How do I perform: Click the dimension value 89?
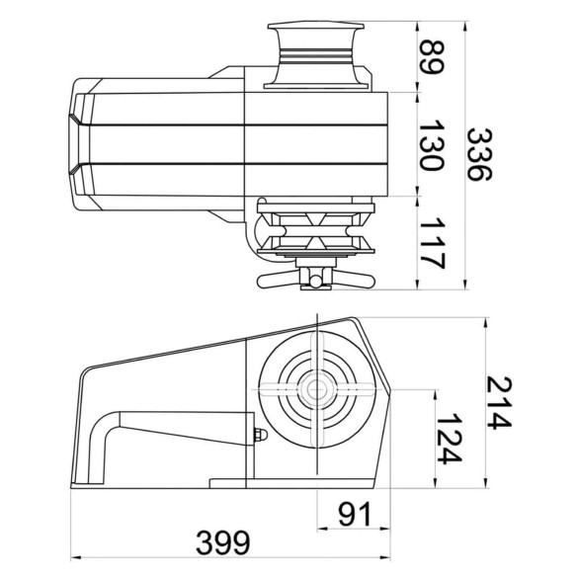pos(433,57)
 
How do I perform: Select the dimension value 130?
pos(433,145)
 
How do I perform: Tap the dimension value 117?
pos(433,243)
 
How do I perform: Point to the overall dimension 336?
pos(479,154)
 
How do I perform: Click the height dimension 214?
pos(499,402)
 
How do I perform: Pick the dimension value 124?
pos(449,439)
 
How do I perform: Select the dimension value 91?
pos(356,514)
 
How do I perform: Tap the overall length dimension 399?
pos(223,542)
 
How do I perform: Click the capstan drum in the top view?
pos(316,56)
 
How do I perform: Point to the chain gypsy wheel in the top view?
pos(316,229)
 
